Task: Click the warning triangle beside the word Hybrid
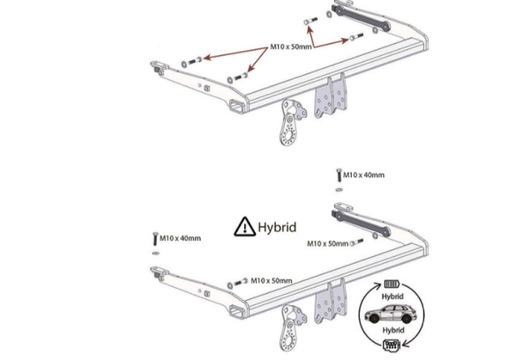244,227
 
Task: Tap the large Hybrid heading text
277,228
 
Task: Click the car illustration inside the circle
391,313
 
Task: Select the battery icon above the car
391,284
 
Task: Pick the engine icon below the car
391,345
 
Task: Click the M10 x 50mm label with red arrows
291,47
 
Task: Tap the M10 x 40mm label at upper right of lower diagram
363,175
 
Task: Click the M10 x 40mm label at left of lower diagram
180,238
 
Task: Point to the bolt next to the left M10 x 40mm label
155,239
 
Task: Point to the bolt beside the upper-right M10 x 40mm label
339,176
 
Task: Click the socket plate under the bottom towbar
292,327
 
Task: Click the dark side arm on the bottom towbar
361,223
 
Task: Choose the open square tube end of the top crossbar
237,107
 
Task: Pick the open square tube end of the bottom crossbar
237,311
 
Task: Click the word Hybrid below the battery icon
392,296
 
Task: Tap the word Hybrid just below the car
393,330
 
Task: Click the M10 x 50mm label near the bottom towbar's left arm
272,281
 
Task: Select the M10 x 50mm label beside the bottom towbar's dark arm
328,244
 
